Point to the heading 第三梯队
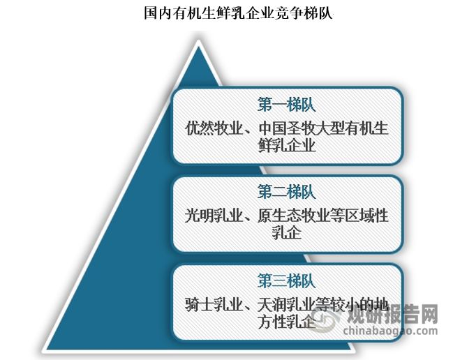coord(287,281)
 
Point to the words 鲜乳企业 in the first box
coord(287,146)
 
